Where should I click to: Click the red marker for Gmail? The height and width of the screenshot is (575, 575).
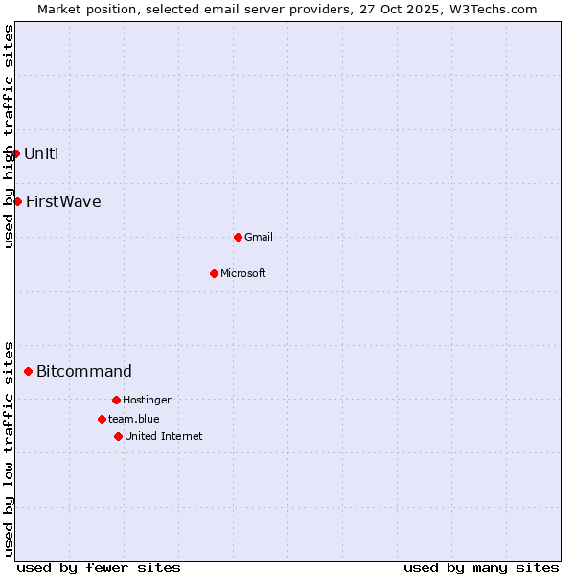coord(238,237)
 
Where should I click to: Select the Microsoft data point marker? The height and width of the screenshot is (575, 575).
coord(214,273)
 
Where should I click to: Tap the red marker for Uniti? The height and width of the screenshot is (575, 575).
coord(15,153)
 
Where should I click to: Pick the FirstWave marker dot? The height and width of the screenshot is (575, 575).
coord(17,201)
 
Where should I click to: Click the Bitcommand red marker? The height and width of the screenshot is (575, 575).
coord(28,371)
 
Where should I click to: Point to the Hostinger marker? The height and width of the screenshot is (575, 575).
coord(116,400)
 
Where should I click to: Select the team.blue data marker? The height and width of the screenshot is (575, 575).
coord(102,419)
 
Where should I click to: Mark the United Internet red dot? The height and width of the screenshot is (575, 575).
coord(118,436)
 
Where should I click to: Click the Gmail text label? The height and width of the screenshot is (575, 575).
coord(259,237)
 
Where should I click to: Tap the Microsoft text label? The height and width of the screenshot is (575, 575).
coord(243,273)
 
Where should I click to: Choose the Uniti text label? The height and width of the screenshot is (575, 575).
coord(41,153)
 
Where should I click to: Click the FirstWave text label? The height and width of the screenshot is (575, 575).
coord(63,201)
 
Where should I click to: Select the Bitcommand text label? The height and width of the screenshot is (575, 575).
coord(84,371)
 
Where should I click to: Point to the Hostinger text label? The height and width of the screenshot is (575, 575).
coord(147,400)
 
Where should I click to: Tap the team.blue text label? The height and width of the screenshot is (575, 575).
coord(134,419)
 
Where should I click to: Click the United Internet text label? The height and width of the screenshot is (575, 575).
coord(164,436)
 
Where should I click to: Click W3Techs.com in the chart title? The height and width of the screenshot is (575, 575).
coord(491,9)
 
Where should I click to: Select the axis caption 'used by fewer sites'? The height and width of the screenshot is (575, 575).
coord(99,567)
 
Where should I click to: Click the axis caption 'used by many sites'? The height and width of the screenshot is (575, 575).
coord(481,567)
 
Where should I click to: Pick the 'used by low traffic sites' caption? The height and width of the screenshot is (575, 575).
coord(9,448)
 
